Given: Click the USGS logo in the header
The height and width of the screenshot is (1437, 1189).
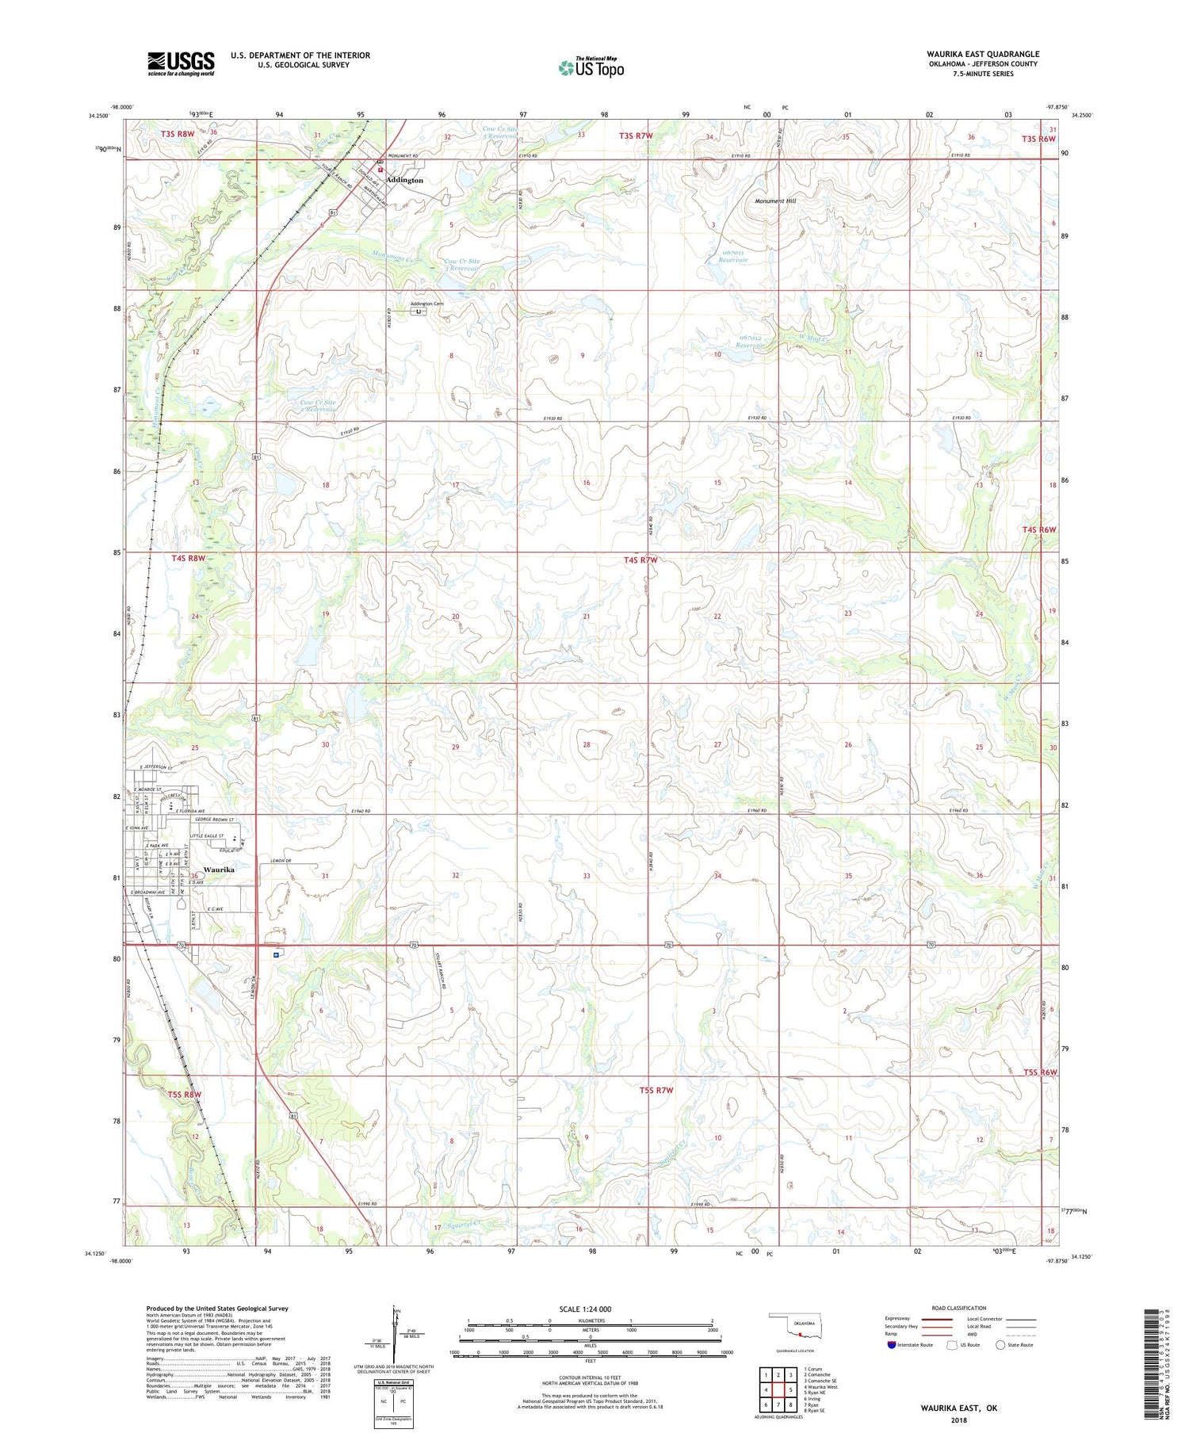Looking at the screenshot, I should [181, 63].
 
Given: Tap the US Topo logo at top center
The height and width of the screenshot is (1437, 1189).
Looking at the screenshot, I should [591, 68].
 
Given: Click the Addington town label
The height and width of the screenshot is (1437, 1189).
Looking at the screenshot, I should [405, 181].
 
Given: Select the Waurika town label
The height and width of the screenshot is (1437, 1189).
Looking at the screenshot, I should [218, 869].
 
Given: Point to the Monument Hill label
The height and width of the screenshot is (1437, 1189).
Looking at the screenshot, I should [774, 201].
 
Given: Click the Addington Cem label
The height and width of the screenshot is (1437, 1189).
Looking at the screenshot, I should [426, 304].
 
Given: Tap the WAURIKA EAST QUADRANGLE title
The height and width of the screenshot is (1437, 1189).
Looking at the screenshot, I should [982, 55].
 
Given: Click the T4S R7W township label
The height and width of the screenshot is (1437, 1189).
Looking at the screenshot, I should [640, 560].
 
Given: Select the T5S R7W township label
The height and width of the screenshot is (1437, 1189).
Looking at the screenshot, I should [656, 1091].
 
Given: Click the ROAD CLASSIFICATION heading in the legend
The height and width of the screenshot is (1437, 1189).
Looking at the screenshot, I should [959, 1308].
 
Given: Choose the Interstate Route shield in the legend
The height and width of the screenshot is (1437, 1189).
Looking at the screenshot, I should [892, 1345].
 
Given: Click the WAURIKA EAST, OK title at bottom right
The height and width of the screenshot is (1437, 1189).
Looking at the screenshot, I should [958, 1408].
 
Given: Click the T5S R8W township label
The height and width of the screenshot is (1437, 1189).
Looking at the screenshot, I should [185, 1095].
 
